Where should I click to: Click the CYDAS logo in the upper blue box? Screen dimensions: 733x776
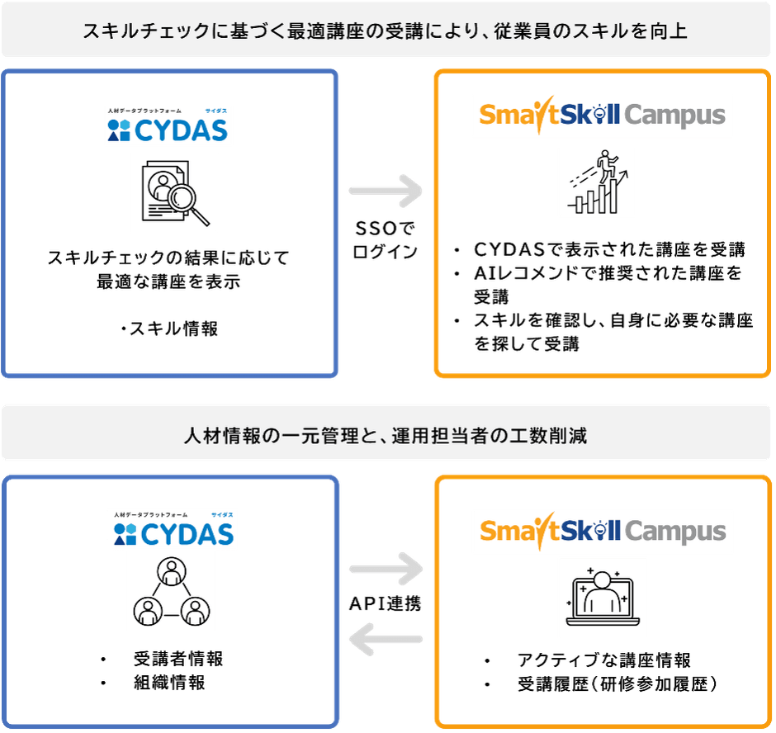[x=168, y=125]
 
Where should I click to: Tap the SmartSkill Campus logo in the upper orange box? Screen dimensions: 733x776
[x=602, y=115]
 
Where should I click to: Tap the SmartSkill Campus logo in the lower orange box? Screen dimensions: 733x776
[x=602, y=531]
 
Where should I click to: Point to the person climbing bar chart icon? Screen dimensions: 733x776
[x=595, y=182]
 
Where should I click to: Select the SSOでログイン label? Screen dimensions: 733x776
[x=384, y=240]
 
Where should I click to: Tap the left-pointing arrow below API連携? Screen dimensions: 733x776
[x=386, y=638]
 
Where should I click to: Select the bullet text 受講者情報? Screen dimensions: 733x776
[x=178, y=659]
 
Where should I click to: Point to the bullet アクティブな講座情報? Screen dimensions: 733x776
[x=603, y=660]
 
